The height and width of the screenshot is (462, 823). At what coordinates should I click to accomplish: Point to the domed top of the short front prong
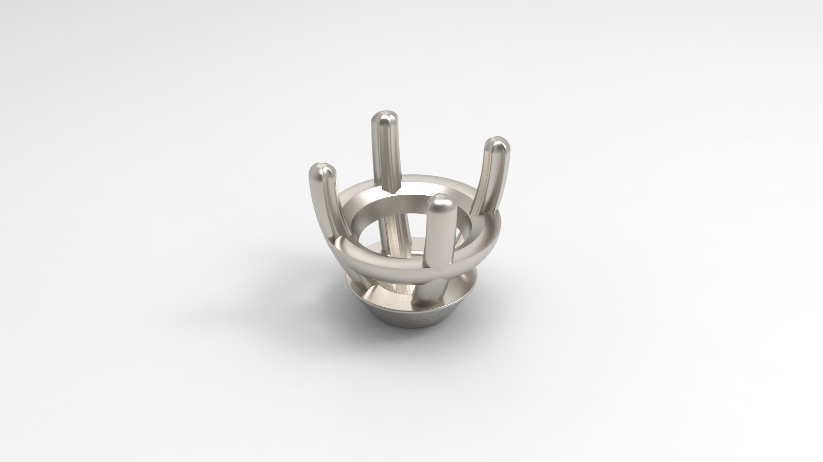442,204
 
